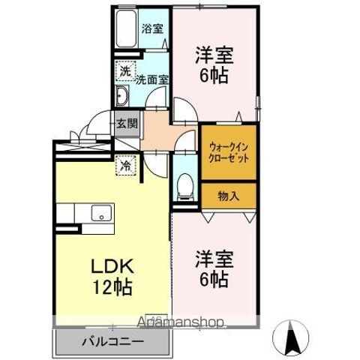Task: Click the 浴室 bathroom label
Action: click(x=153, y=30)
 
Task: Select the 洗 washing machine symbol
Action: click(x=124, y=72)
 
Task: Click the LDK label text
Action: click(x=112, y=267)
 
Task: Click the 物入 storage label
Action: click(x=228, y=196)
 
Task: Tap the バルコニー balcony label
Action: click(x=112, y=343)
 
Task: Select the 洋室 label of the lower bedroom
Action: click(x=215, y=259)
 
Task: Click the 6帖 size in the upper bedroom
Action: click(x=215, y=75)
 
